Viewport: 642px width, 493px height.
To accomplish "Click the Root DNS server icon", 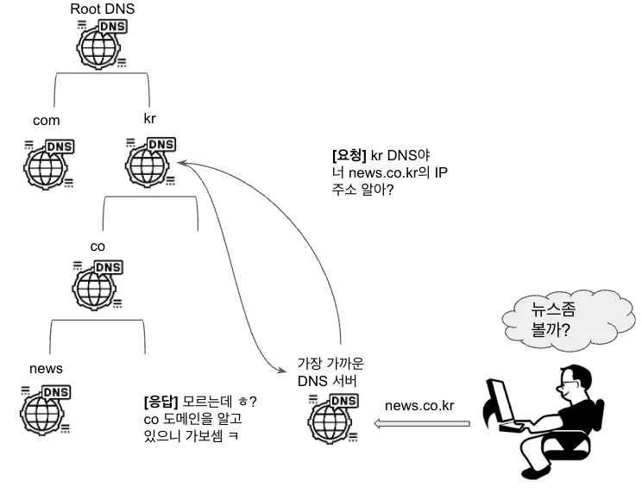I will click(102, 42).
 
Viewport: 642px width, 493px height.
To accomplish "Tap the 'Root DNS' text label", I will click(103, 9).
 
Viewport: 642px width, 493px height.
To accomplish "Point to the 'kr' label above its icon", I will click(149, 116).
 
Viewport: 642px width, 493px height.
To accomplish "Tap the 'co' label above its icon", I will click(98, 246).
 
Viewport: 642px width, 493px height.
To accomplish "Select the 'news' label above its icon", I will click(46, 369).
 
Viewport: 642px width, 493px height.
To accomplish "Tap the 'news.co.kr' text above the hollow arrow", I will click(419, 405).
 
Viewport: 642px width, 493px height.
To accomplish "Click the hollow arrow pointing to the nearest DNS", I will click(421, 423).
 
